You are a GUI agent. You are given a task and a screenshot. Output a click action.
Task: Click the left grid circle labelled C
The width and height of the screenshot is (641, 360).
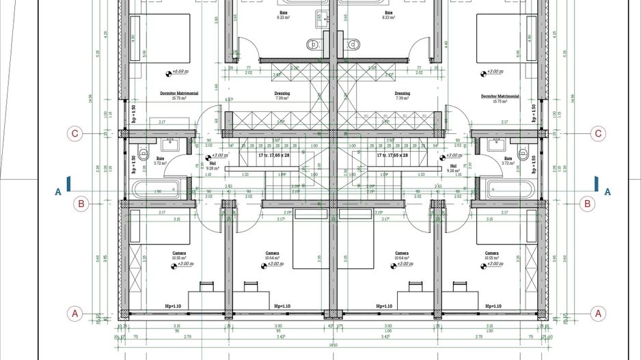click(76, 134)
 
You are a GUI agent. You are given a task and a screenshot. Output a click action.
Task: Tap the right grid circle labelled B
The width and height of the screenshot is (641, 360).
click(586, 203)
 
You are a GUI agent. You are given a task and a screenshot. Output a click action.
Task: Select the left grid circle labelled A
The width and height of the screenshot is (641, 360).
click(76, 314)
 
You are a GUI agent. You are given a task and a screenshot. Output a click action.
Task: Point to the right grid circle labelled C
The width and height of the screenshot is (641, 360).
click(599, 134)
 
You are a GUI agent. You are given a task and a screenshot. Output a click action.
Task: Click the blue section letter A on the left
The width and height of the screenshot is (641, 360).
click(58, 192)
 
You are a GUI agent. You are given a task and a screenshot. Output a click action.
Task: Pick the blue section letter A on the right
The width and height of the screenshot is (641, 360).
click(608, 192)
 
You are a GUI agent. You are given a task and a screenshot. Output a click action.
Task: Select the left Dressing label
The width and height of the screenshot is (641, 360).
click(282, 94)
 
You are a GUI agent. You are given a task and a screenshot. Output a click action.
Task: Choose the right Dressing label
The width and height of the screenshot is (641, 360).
click(403, 94)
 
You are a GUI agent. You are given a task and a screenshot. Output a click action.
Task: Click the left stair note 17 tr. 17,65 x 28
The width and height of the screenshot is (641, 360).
click(275, 156)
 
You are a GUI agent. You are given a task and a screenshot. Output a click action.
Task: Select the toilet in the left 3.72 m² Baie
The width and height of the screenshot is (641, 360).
click(144, 152)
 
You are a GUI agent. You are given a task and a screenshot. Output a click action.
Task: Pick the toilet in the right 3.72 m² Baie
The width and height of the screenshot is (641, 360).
click(523, 152)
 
